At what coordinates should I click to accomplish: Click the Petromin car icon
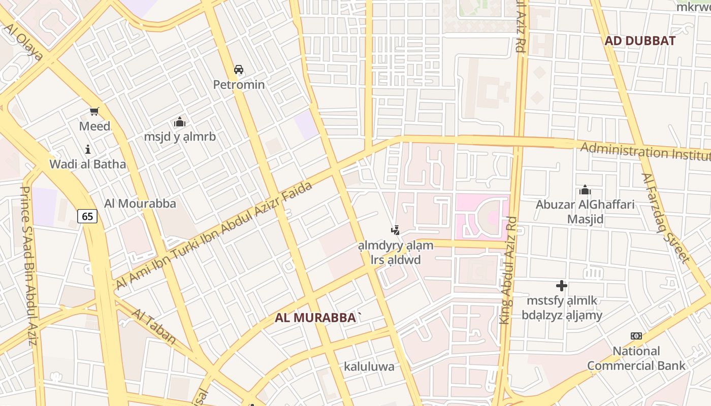[x=239, y=70]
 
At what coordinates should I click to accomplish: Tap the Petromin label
[x=239, y=84]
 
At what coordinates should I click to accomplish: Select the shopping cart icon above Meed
[x=94, y=111]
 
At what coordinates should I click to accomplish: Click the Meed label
[x=94, y=126]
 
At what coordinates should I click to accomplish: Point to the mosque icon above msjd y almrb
[x=179, y=122]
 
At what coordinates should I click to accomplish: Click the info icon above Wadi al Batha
[x=88, y=149]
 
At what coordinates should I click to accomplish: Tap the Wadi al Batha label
[x=87, y=164]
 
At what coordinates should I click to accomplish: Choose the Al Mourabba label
[x=140, y=204]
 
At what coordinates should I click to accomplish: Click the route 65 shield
[x=87, y=216]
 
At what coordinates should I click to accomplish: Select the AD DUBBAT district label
[x=640, y=41]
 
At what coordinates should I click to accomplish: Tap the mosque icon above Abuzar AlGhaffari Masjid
[x=585, y=190]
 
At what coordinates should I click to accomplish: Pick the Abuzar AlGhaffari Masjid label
[x=585, y=212]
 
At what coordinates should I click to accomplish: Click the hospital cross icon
[x=562, y=286]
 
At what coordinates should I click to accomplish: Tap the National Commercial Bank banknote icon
[x=636, y=336]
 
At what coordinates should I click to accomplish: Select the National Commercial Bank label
[x=636, y=358]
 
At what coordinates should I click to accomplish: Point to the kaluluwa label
[x=369, y=366]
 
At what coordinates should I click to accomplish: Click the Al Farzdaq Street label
[x=665, y=218]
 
